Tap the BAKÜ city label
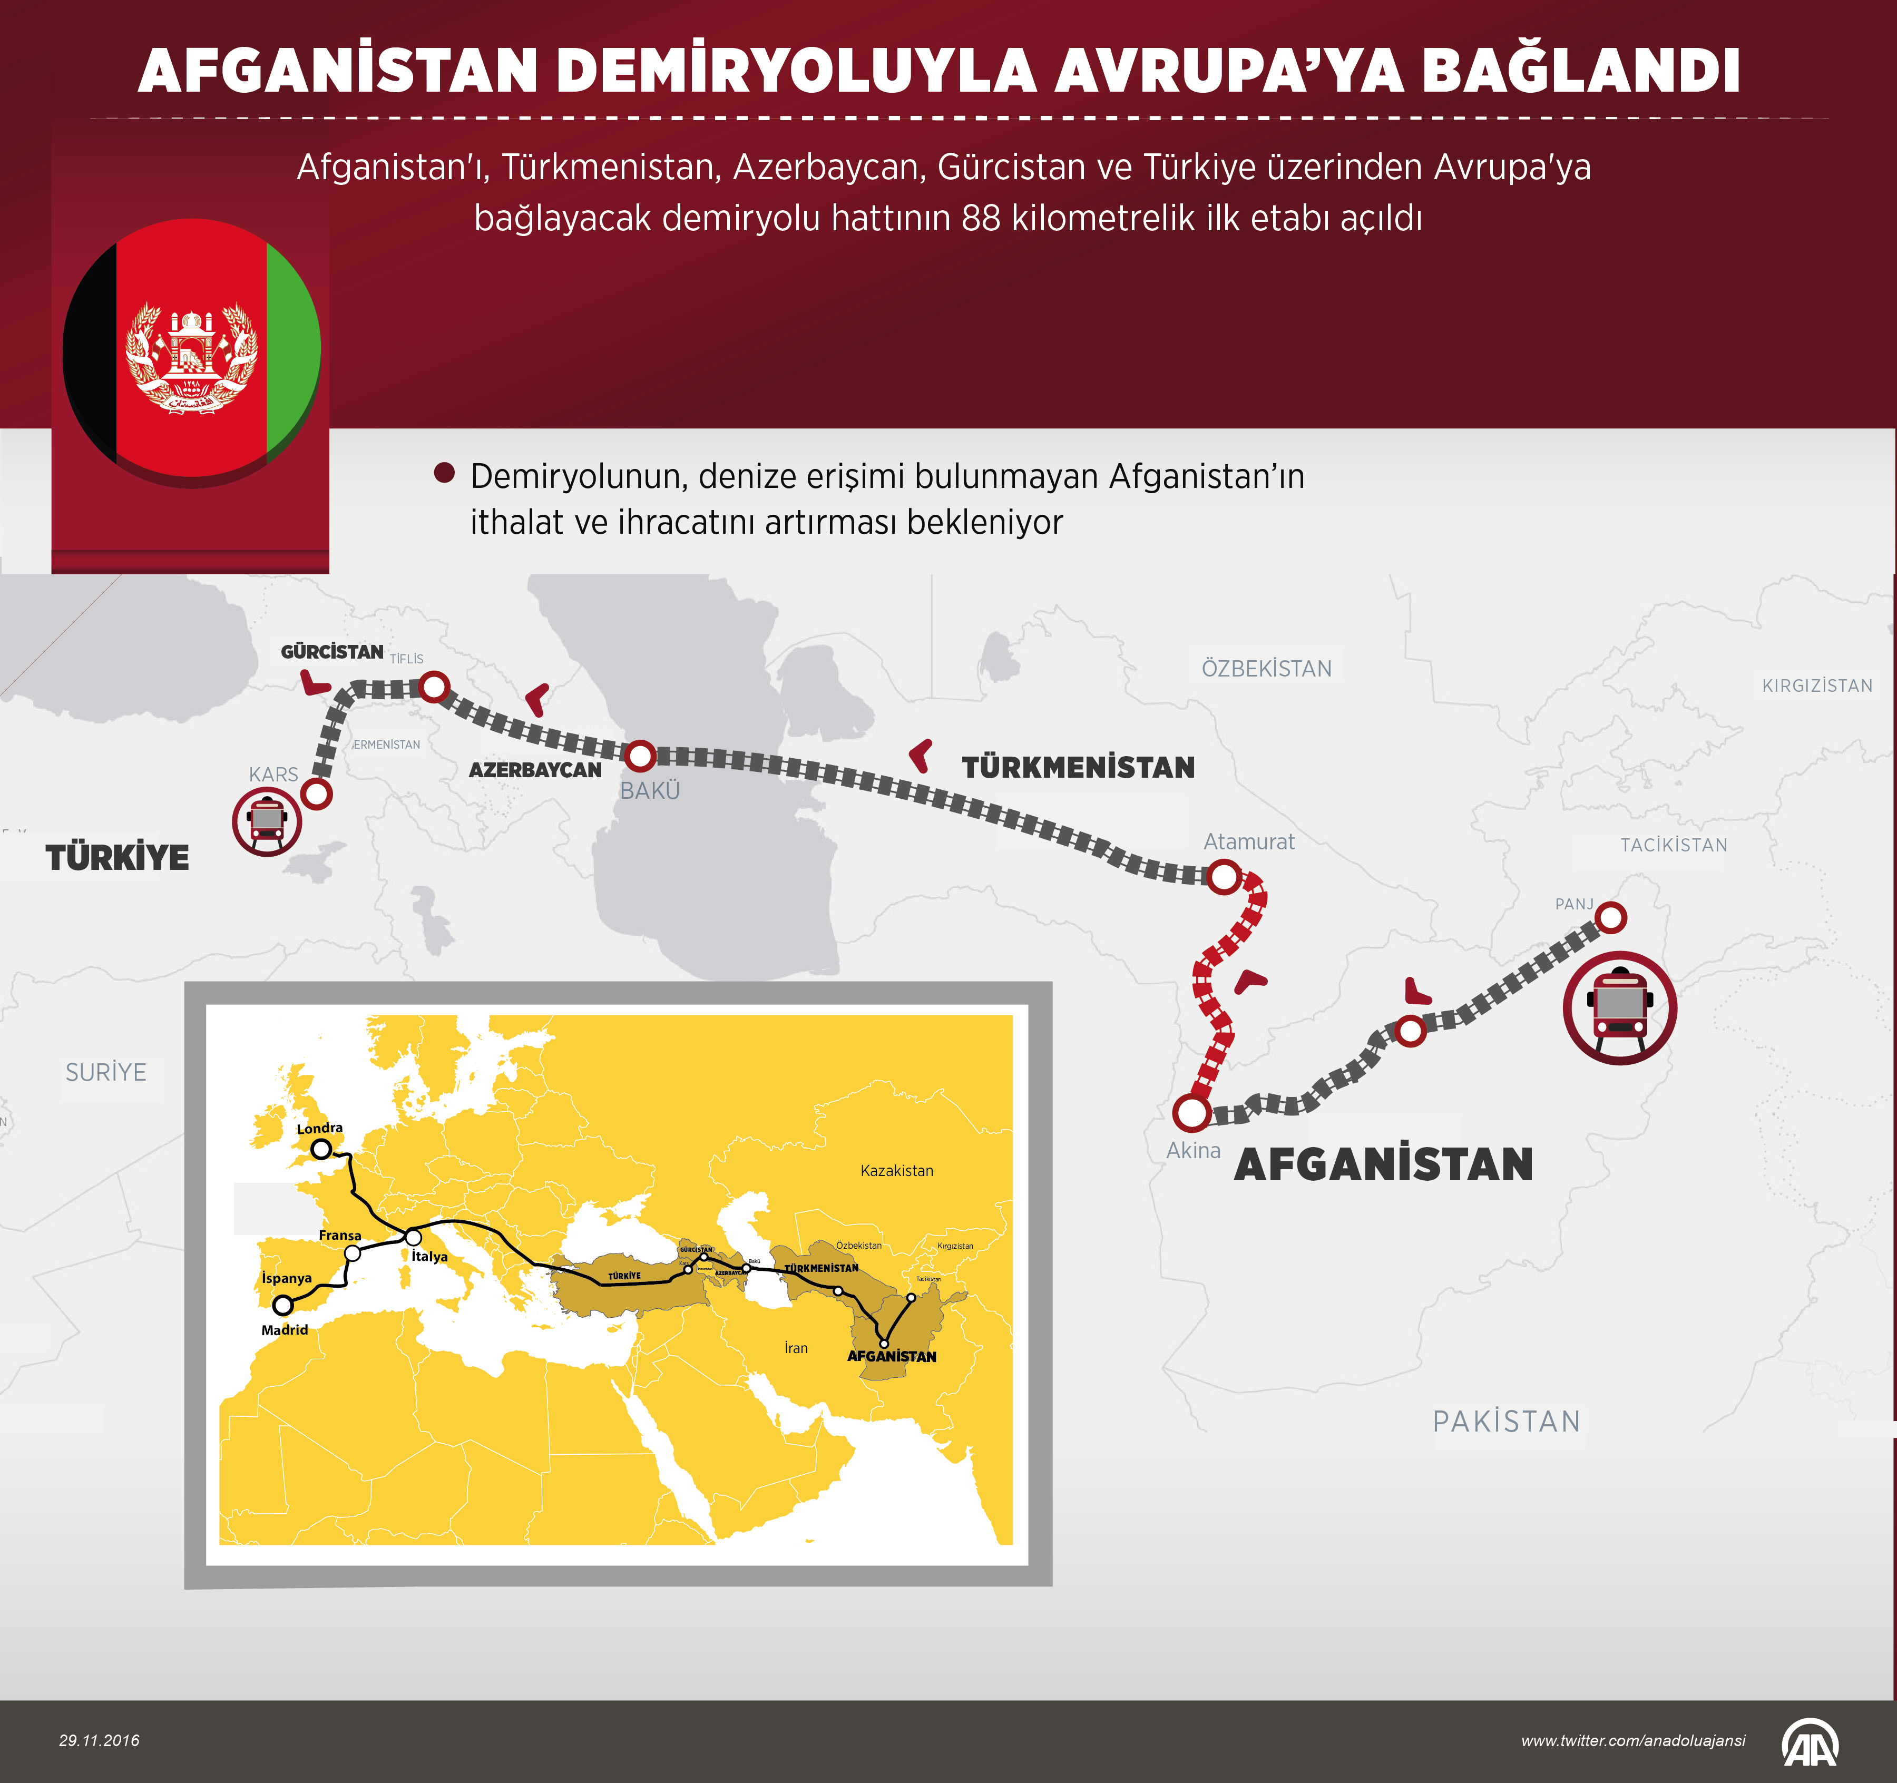(x=650, y=791)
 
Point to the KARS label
(x=273, y=775)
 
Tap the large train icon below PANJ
(x=1619, y=1007)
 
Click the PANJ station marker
(x=1611, y=918)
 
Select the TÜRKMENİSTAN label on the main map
(x=1078, y=767)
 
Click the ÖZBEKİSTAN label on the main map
(x=1266, y=669)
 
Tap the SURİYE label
(x=106, y=1072)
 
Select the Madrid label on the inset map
(x=285, y=1330)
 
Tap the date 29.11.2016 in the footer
(x=99, y=1741)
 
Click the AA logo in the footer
(x=1810, y=1742)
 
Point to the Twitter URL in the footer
(x=1632, y=1741)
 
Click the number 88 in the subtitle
(x=981, y=219)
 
